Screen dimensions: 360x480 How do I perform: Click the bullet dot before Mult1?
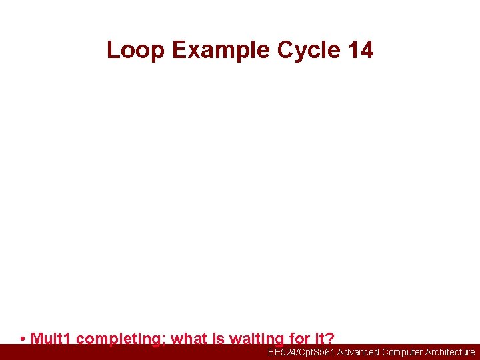point(23,339)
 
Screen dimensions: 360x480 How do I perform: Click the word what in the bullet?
point(189,339)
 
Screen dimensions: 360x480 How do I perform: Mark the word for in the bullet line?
point(297,339)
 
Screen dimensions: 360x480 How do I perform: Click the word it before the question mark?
point(317,339)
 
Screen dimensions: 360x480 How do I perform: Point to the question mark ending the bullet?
point(329,339)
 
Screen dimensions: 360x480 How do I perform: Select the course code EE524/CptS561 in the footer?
point(301,352)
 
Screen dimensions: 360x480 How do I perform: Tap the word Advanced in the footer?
point(358,352)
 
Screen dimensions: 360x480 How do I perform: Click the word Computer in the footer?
point(403,352)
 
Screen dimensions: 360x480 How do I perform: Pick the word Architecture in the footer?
point(450,352)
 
